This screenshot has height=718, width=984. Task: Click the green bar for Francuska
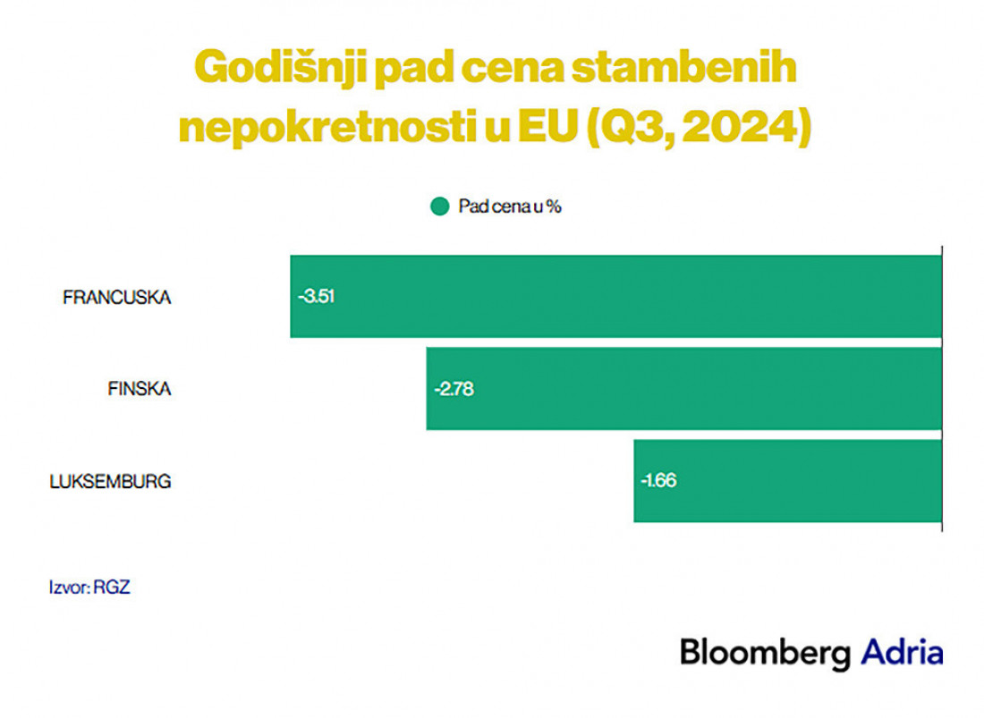[615, 297]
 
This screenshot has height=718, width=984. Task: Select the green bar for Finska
[683, 389]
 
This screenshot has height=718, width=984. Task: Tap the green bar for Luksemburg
[787, 481]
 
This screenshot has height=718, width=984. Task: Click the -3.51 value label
[317, 297]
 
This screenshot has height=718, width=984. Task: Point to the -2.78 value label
[454, 389]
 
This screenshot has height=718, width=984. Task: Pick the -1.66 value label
[659, 481]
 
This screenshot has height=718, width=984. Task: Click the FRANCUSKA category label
[116, 298]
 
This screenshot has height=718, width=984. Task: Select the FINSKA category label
[139, 390]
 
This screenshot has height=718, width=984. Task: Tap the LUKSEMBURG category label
[110, 482]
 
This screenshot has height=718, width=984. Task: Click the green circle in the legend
[439, 207]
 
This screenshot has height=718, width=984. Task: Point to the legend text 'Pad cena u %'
[510, 207]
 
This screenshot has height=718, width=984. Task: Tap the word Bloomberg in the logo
[765, 652]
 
